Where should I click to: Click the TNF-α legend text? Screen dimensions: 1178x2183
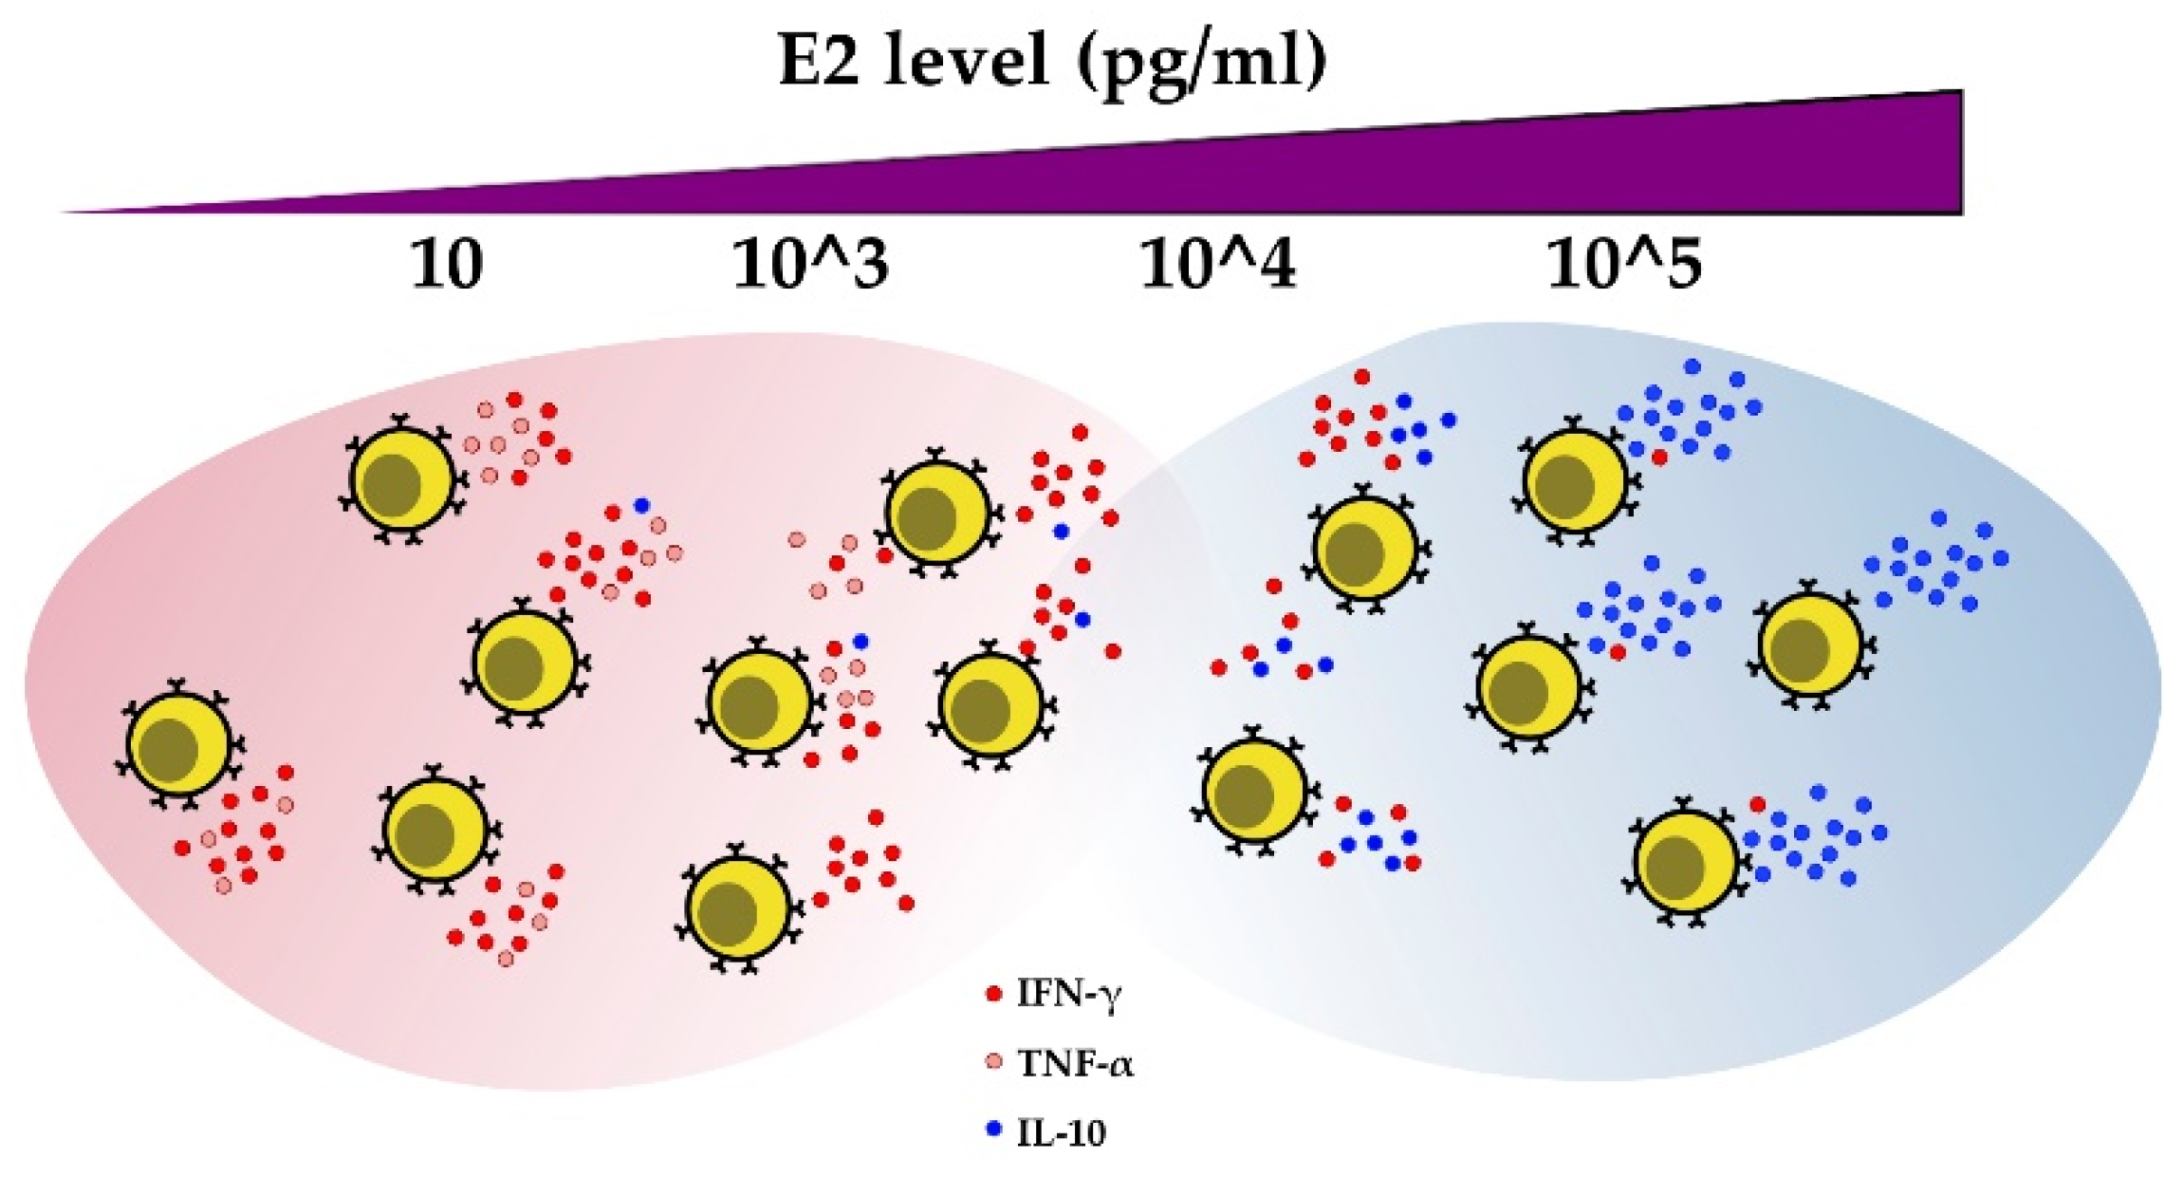[1075, 1064]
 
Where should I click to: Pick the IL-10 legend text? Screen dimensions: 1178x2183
[1061, 1133]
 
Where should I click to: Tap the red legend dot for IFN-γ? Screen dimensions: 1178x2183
[994, 994]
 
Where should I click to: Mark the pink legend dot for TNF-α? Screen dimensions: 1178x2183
[994, 1062]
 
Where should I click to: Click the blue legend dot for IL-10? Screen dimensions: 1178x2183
[994, 1131]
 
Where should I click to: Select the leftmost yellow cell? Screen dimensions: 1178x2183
[178, 744]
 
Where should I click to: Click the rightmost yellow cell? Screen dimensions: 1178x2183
[1809, 645]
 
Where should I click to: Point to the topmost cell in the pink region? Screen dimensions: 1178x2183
[402, 479]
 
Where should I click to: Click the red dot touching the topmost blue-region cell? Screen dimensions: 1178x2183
[1658, 458]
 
